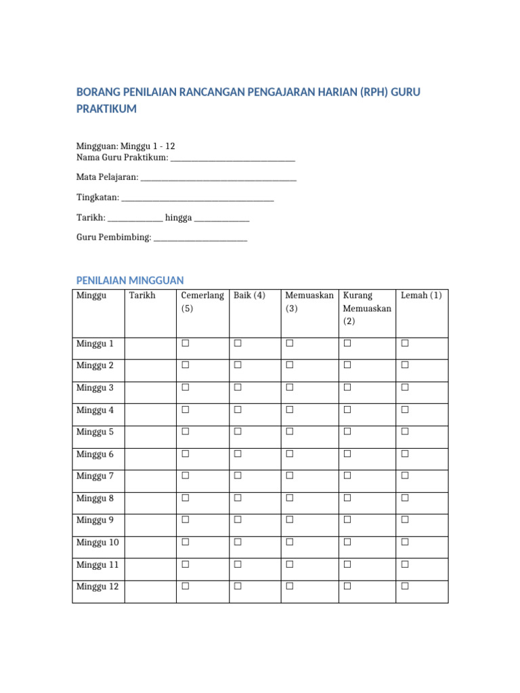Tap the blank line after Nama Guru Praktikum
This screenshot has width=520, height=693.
(x=233, y=158)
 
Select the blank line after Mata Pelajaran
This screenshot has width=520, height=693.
(x=218, y=177)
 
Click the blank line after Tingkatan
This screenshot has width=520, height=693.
(x=198, y=198)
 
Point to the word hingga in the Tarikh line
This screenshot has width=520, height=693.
(x=179, y=218)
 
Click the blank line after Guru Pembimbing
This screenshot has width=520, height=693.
(x=200, y=238)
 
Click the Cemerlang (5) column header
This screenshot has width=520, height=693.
(x=202, y=302)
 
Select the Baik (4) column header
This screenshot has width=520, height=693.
(x=249, y=296)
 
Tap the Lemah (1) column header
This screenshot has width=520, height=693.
(x=421, y=296)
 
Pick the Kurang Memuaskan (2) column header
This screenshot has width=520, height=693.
(x=367, y=309)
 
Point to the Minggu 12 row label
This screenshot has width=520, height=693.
(x=97, y=587)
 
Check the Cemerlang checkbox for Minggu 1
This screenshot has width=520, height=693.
(x=185, y=344)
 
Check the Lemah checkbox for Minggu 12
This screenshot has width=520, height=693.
(x=405, y=587)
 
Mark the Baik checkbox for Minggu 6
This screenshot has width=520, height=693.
(x=238, y=454)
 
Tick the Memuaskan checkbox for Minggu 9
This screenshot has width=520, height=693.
(x=290, y=520)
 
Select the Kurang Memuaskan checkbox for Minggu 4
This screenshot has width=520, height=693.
(x=347, y=410)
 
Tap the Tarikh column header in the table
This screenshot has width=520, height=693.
(x=142, y=296)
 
